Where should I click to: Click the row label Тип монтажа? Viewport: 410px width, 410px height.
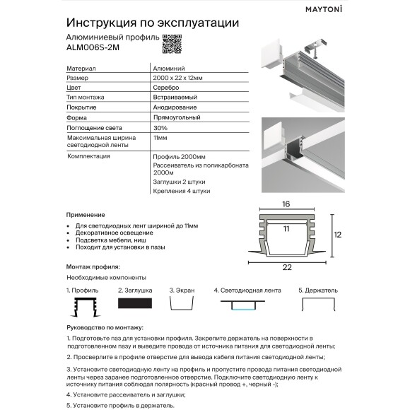[86, 97]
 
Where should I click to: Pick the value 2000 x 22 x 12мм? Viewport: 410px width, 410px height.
[177, 77]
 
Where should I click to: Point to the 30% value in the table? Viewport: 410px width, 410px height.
[160, 127]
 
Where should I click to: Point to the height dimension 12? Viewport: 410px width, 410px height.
[337, 234]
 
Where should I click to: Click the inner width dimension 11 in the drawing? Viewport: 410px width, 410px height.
[286, 230]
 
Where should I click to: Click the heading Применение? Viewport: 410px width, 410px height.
[86, 214]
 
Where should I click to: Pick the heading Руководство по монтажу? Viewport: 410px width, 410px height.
[105, 328]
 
